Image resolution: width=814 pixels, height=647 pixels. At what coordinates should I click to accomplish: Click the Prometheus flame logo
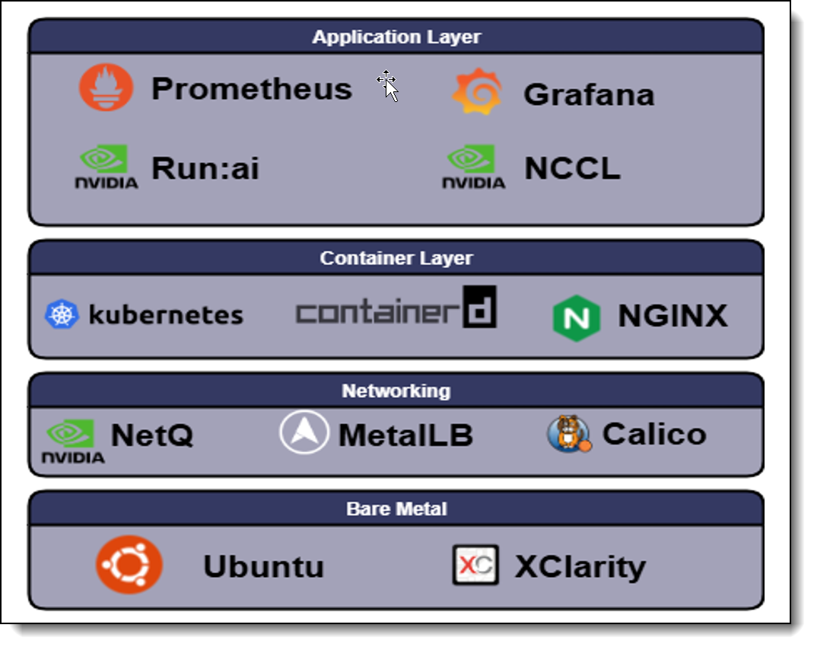tap(107, 88)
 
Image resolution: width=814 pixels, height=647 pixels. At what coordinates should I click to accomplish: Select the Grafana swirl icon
tap(477, 91)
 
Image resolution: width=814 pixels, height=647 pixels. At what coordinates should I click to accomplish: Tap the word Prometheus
tap(252, 89)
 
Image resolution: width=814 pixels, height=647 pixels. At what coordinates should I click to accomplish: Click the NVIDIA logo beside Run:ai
tap(106, 167)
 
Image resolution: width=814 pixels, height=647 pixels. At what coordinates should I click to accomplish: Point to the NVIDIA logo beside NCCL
tap(473, 167)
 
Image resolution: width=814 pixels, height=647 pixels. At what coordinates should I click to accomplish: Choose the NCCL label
tap(572, 169)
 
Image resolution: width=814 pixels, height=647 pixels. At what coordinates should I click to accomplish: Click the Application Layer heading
tap(396, 37)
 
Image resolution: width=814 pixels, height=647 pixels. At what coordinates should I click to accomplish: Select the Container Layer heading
tap(396, 258)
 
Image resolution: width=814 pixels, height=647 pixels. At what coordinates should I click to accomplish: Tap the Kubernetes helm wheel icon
tap(62, 314)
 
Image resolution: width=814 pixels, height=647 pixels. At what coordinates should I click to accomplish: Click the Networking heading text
tap(396, 390)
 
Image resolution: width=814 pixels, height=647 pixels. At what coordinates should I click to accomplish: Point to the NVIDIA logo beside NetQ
tap(72, 441)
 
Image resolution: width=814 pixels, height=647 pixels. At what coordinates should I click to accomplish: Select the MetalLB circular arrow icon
tap(304, 432)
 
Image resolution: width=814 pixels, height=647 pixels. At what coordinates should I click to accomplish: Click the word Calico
tap(654, 434)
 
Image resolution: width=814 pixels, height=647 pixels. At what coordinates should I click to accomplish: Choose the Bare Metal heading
tap(396, 508)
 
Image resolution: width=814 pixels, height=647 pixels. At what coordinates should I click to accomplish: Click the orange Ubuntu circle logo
tap(129, 565)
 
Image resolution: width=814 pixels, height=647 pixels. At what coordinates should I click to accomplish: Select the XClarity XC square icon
tap(475, 565)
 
